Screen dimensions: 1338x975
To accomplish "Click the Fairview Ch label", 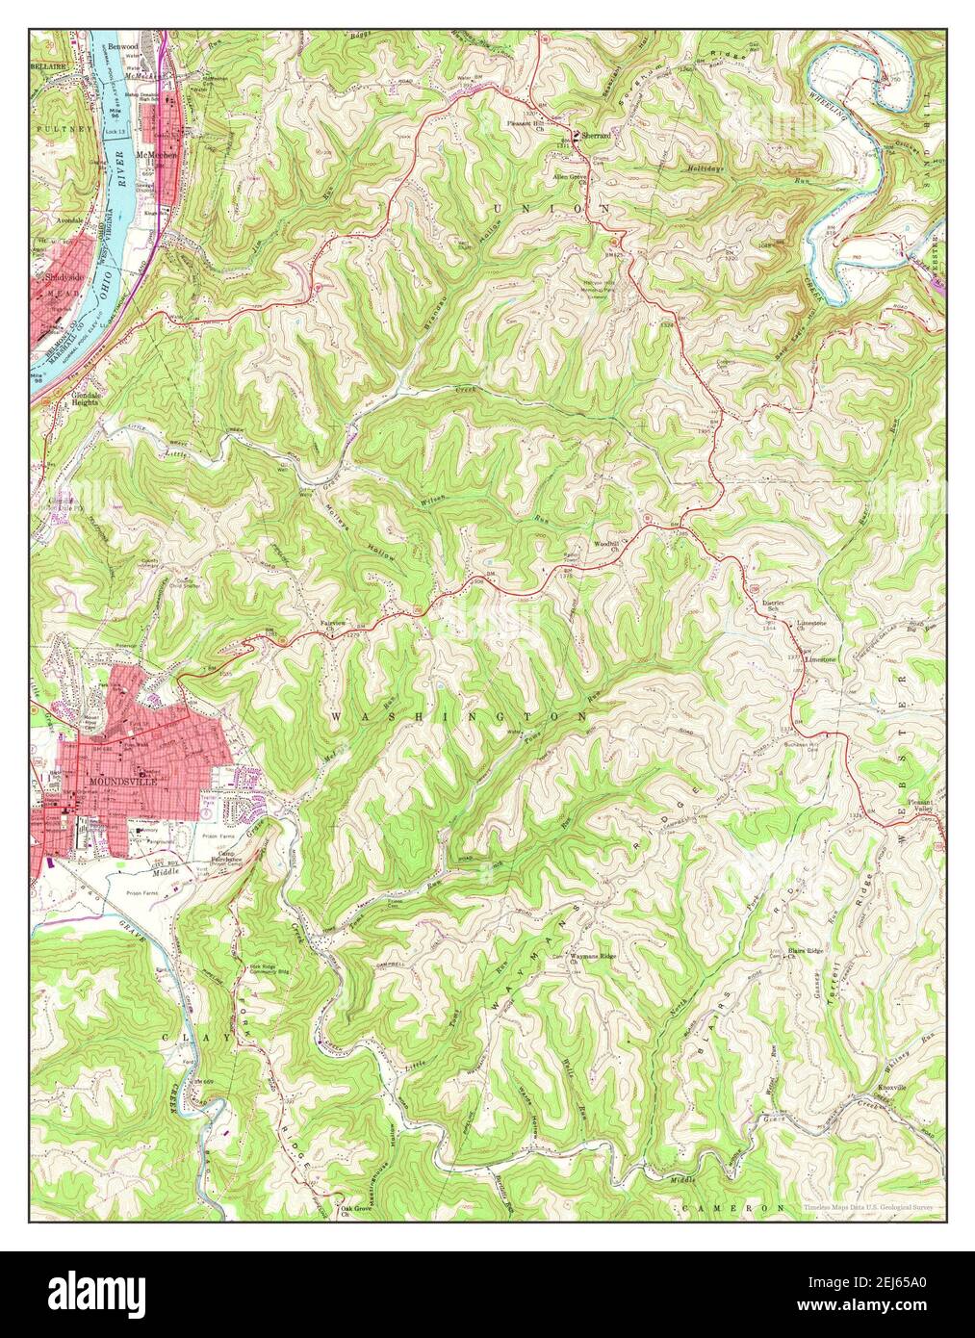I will pyautogui.click(x=333, y=625).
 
